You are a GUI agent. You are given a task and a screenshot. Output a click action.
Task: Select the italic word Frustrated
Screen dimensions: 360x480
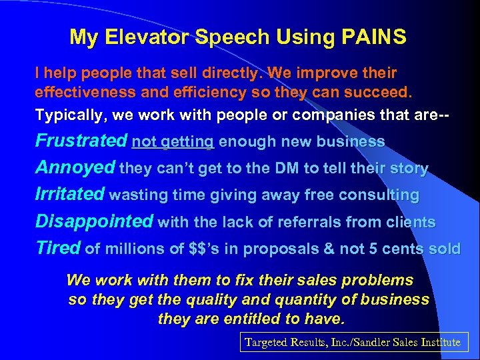coord(81,141)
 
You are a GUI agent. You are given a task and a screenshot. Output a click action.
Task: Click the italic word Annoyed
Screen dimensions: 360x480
coord(75,168)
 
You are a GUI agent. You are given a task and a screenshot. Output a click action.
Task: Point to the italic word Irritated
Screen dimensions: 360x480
coord(69,195)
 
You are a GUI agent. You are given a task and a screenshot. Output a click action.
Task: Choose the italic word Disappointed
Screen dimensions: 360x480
coord(93,221)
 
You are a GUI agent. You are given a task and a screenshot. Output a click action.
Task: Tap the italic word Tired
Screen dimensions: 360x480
coord(57,248)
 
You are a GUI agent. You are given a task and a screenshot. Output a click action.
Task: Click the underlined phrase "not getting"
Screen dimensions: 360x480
coord(173,142)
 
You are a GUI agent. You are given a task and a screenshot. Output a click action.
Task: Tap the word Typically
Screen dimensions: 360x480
coord(71,115)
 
